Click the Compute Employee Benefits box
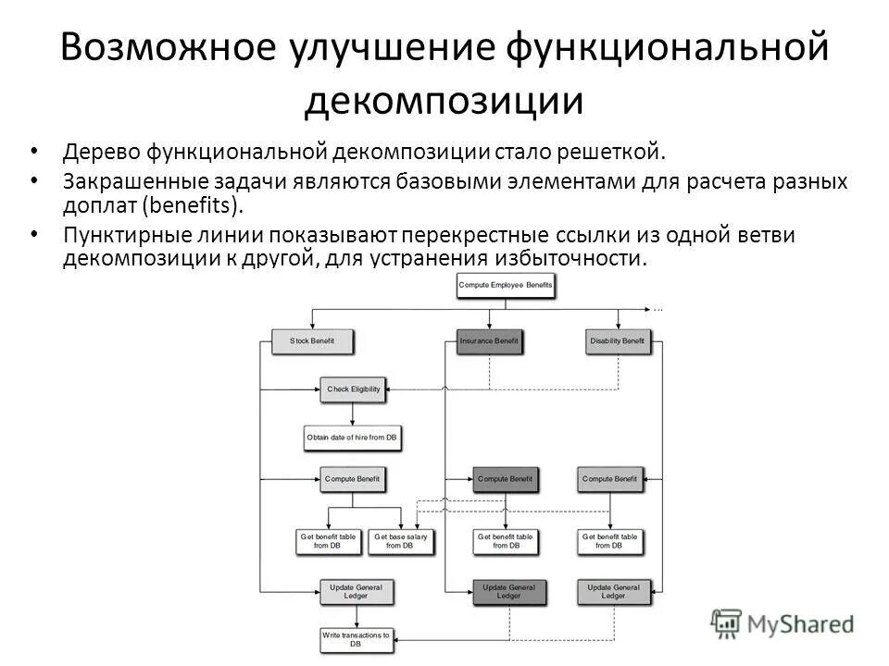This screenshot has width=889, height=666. (x=506, y=286)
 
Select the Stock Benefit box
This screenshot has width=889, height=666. (x=311, y=341)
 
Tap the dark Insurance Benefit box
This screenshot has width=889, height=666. (x=489, y=341)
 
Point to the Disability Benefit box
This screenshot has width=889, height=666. (x=617, y=341)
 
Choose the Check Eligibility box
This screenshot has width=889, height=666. (x=352, y=389)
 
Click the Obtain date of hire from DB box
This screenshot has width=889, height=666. (x=352, y=437)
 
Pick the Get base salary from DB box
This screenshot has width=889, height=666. (x=401, y=541)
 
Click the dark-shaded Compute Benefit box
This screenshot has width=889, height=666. (x=505, y=479)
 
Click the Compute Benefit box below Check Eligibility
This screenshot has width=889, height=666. (x=352, y=479)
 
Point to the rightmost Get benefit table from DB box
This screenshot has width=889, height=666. (x=609, y=541)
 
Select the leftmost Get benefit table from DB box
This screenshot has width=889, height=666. (x=327, y=541)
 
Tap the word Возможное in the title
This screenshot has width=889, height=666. (x=175, y=48)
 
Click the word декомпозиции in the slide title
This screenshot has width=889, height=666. (x=444, y=101)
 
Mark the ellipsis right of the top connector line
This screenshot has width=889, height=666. (x=658, y=306)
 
